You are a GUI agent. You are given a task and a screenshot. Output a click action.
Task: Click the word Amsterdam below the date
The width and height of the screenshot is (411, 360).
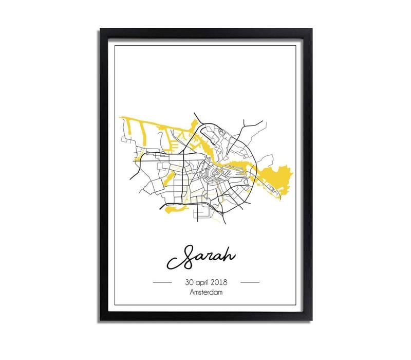(206, 293)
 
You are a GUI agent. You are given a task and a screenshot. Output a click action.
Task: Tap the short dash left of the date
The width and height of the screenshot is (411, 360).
(163, 282)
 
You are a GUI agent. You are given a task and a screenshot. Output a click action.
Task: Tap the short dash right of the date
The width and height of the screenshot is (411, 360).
(250, 282)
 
